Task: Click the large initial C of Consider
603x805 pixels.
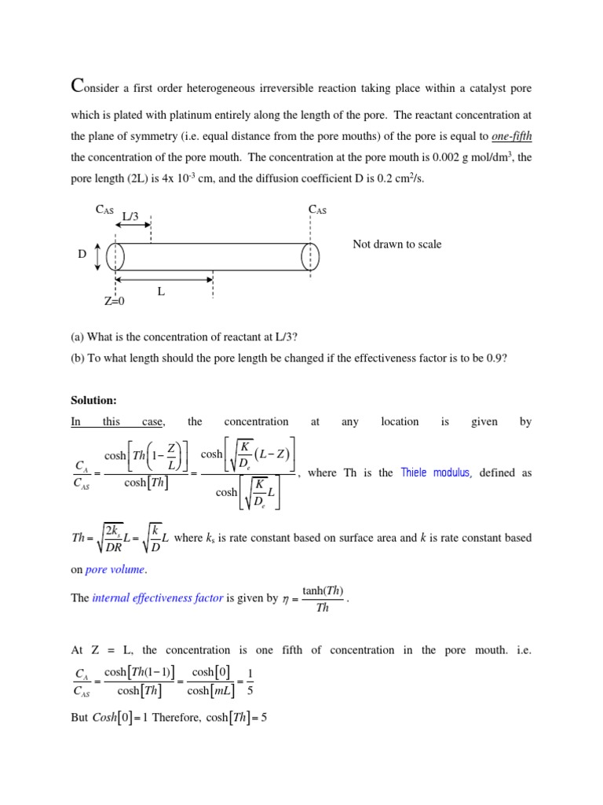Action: coord(77,84)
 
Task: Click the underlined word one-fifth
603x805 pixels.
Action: coord(512,135)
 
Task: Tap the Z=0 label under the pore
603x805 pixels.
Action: coord(115,301)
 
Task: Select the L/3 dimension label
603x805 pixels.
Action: coord(130,215)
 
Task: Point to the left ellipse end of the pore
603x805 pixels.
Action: coord(115,256)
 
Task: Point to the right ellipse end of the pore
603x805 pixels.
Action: coord(311,256)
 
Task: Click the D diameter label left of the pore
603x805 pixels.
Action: coord(82,255)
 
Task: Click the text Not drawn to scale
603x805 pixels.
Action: coord(397,244)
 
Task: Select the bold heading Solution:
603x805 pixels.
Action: coord(93,400)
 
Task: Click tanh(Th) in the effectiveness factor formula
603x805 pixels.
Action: coord(323,591)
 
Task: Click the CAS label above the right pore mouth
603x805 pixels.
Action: coord(318,209)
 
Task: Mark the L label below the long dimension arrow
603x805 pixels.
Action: coord(161,292)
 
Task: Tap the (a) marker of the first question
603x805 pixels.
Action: coord(77,337)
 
